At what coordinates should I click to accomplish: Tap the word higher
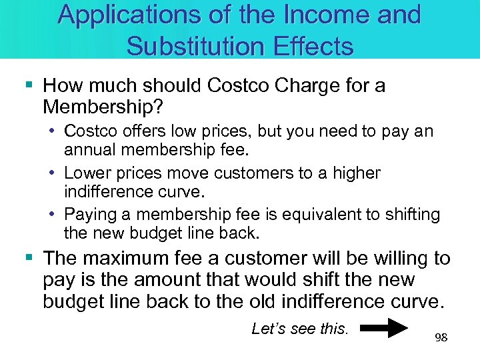point(355,173)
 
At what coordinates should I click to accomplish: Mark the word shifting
point(409,215)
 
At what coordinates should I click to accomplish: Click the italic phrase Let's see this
point(300,328)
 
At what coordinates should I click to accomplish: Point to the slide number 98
point(441,338)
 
